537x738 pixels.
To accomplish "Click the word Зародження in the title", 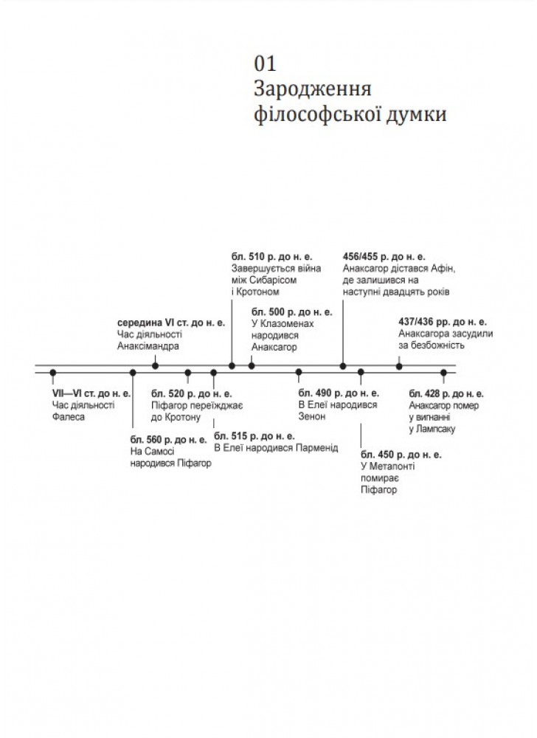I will tap(311, 89).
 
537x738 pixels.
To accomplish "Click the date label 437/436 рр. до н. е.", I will tap(442, 322).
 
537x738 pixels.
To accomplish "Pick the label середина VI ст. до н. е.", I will tap(172, 323).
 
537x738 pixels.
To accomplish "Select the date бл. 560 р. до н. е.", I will tap(168, 440).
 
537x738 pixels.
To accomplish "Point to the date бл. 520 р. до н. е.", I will tap(192, 393).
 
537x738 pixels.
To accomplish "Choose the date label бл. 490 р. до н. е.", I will tap(339, 393).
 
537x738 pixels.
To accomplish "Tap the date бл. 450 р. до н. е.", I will tap(401, 454).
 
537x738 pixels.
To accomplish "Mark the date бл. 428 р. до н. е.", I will tap(446, 393).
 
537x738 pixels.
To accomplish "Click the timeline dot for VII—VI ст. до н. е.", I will tap(53, 373).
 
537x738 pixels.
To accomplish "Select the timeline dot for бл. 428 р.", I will tap(443, 373).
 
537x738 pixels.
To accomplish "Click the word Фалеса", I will tap(69, 417).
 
